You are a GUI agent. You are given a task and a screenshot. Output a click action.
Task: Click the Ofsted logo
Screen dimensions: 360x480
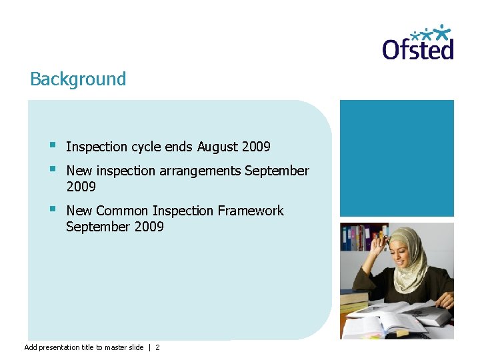(418, 43)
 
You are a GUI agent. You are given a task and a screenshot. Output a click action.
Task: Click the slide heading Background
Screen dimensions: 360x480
(78, 79)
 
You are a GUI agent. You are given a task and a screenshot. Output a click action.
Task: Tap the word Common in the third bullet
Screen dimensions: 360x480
(122, 211)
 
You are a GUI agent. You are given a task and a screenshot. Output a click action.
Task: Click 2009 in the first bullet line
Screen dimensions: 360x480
(256, 147)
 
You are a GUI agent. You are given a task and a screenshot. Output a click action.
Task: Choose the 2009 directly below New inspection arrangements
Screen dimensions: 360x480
(81, 187)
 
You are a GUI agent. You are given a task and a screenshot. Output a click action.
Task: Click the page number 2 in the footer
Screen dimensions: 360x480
(157, 347)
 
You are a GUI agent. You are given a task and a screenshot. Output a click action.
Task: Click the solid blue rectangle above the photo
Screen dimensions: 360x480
(397, 158)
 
